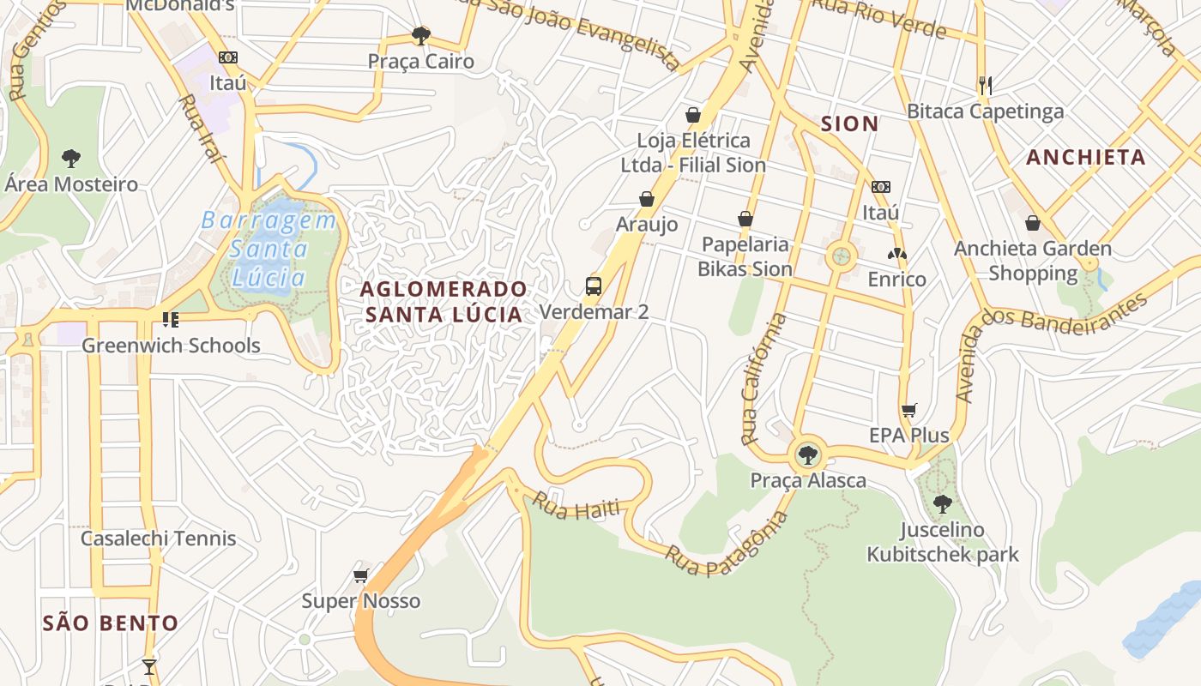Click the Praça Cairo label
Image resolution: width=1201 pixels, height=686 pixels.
coord(420,62)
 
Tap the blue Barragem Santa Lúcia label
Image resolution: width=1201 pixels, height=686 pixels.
coord(269,250)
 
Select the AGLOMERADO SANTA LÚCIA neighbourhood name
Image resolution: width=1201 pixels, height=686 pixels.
coord(444,302)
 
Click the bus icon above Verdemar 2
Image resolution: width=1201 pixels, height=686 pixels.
coord(594,286)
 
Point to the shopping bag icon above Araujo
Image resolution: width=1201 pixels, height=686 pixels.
coord(647,199)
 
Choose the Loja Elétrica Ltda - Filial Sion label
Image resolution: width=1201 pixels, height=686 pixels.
coord(693,153)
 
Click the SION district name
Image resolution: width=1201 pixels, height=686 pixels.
coord(849,123)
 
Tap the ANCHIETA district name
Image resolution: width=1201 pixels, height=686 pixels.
coord(1085,157)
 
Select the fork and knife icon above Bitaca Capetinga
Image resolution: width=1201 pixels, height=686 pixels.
coord(985,85)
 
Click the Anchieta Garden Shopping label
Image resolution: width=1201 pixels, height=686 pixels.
coord(1033,261)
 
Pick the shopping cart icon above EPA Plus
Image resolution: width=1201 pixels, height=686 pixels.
coord(909,410)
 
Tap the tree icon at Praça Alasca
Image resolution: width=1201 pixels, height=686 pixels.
coord(806,454)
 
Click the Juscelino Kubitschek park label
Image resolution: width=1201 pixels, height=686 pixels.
coord(942,542)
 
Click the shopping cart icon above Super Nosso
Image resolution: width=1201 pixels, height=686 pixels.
coord(360,575)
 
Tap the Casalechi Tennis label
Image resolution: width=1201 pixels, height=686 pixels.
coord(158,539)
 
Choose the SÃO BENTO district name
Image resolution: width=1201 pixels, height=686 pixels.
coord(110,623)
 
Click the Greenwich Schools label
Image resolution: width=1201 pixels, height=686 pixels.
coord(171,346)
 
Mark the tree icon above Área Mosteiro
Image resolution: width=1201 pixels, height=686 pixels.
coord(71,158)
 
